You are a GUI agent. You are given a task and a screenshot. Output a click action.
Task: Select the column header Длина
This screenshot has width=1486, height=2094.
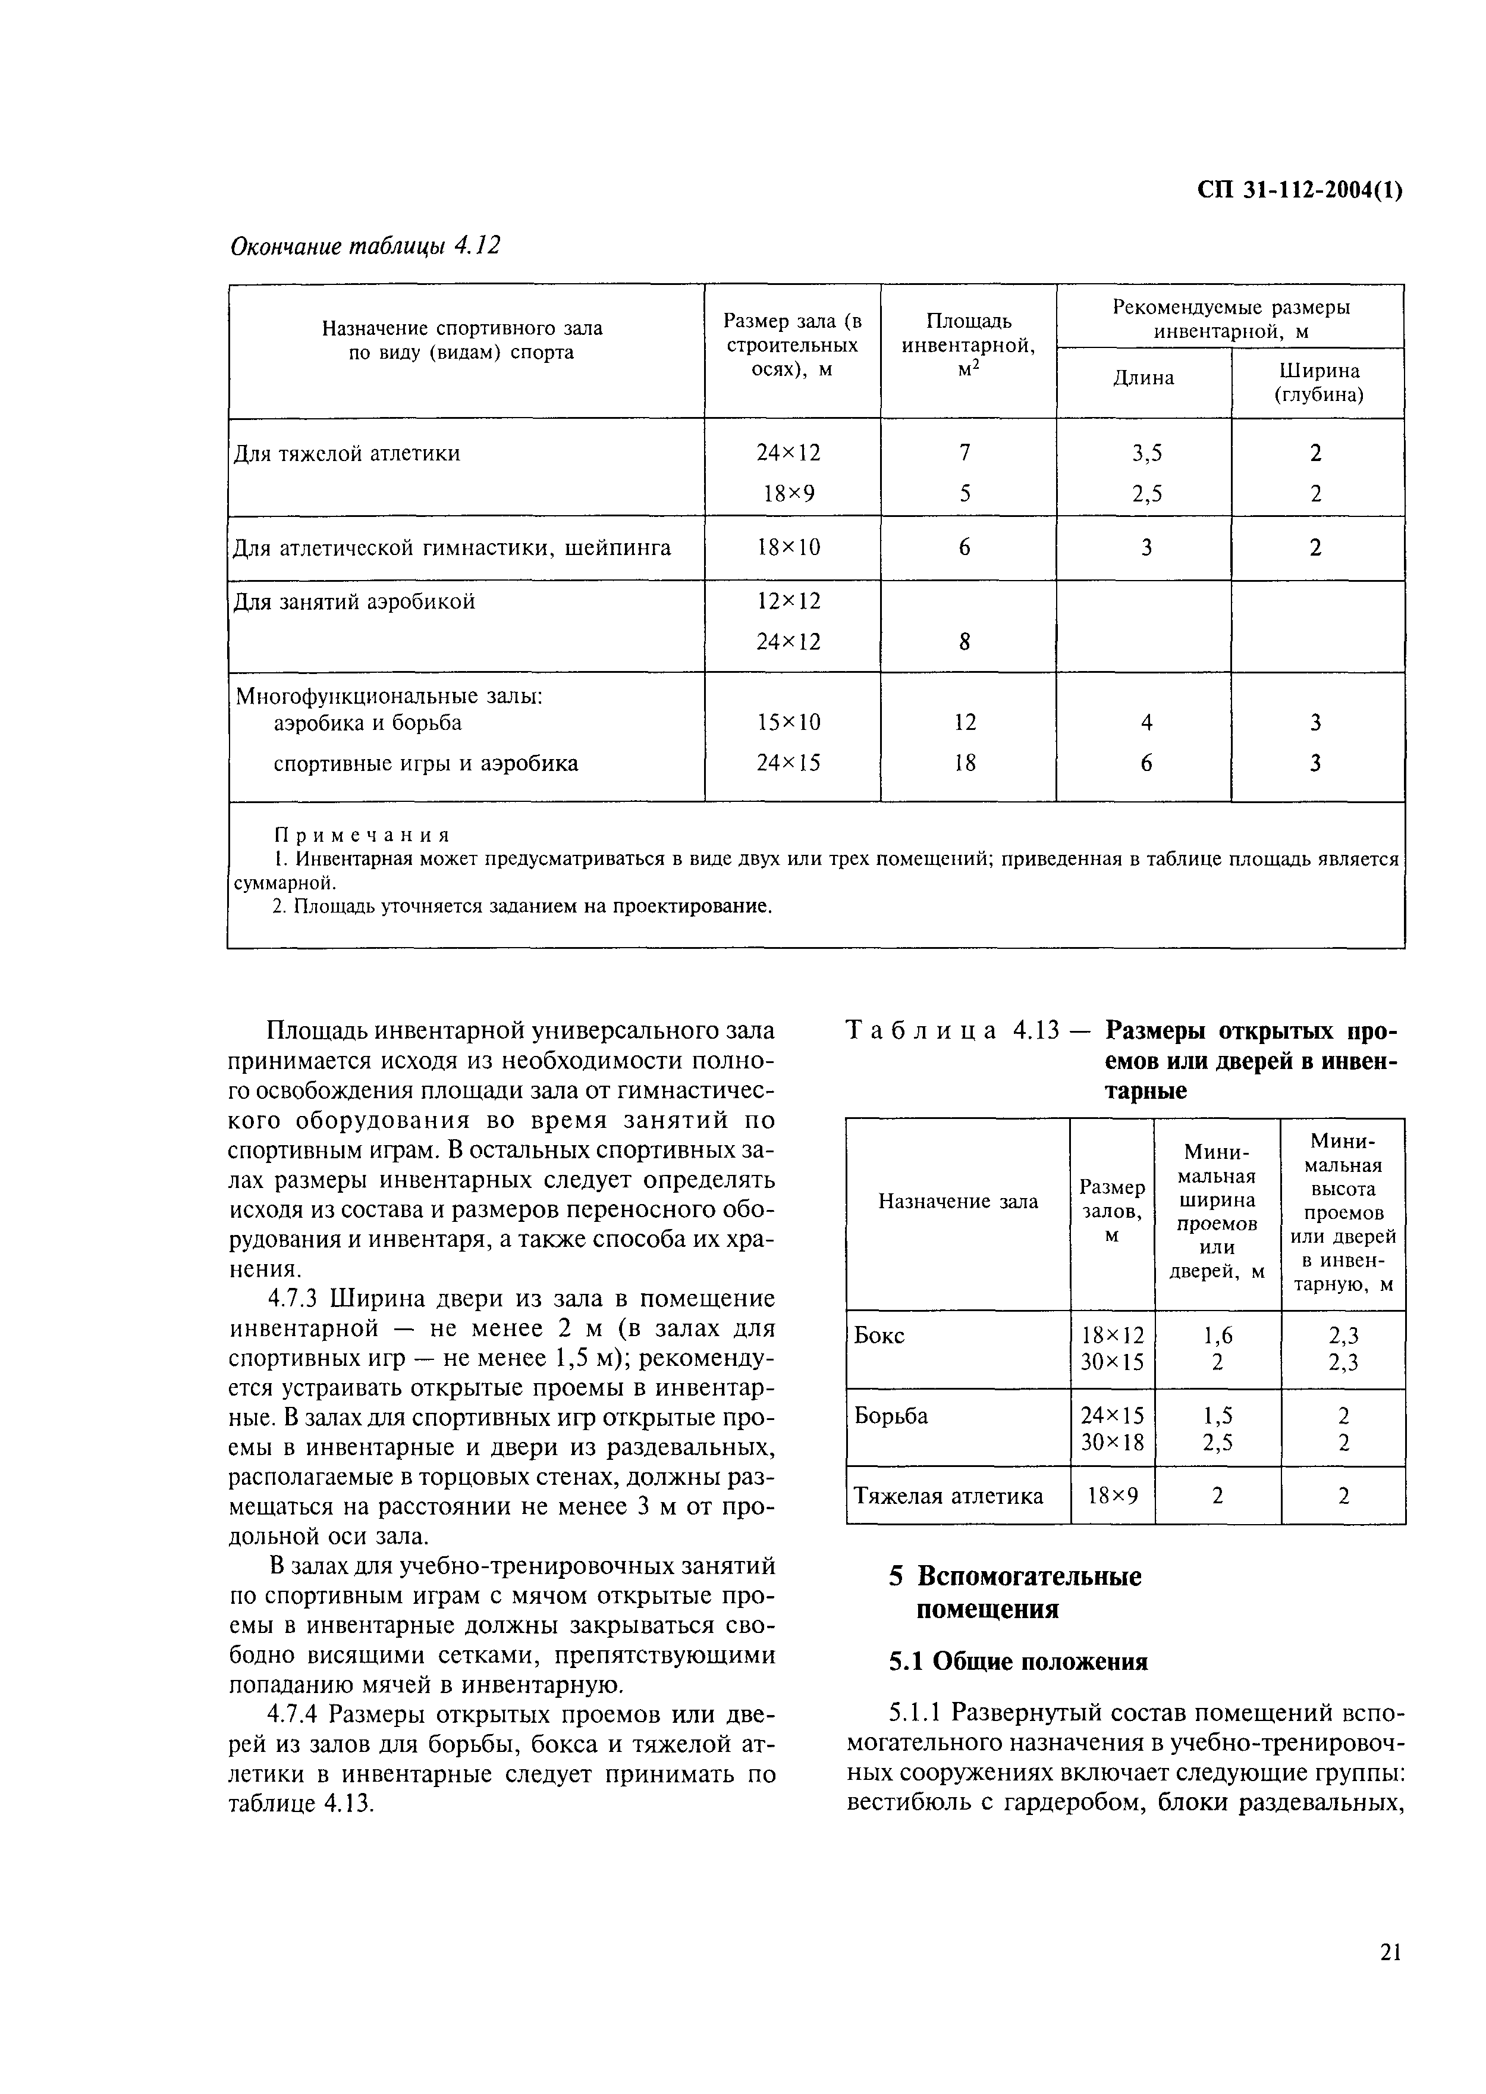(1143, 378)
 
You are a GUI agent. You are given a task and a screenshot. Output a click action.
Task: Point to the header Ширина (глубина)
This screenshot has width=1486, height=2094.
(1318, 383)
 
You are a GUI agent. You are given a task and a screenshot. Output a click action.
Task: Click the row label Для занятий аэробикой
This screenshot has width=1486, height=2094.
(354, 602)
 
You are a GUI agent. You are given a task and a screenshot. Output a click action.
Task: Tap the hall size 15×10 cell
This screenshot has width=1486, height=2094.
(788, 723)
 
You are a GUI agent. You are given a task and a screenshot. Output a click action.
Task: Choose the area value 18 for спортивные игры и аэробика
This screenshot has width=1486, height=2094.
(965, 763)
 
